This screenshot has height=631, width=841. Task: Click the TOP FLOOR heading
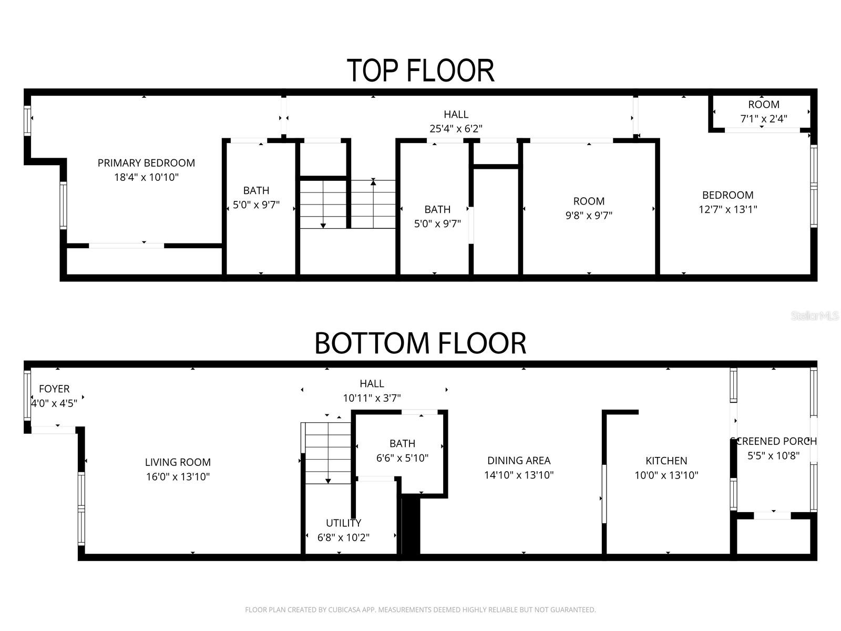(420, 70)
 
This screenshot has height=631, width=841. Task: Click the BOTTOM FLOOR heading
(420, 343)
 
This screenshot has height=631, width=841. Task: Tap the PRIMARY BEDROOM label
(146, 163)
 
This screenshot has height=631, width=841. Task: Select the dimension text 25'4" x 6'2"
(456, 128)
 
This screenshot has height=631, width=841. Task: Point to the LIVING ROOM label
(178, 462)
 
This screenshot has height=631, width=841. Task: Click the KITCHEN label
(666, 461)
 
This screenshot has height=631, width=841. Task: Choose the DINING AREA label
(519, 461)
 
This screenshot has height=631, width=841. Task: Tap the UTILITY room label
(343, 523)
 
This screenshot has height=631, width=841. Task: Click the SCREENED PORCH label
(774, 441)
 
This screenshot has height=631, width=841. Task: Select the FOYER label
(54, 389)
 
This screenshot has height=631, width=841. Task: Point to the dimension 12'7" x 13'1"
(727, 209)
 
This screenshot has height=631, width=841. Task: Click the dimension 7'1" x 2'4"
(764, 119)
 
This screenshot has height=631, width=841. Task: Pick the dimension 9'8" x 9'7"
(589, 215)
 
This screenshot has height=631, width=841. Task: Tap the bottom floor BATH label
(402, 444)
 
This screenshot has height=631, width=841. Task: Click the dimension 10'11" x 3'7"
(372, 398)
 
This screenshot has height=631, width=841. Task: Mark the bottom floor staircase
(328, 453)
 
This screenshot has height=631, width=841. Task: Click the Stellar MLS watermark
(815, 316)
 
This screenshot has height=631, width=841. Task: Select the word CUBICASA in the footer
(346, 610)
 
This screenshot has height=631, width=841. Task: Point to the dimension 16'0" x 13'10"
(178, 477)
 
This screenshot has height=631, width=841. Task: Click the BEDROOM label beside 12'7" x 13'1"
(727, 195)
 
